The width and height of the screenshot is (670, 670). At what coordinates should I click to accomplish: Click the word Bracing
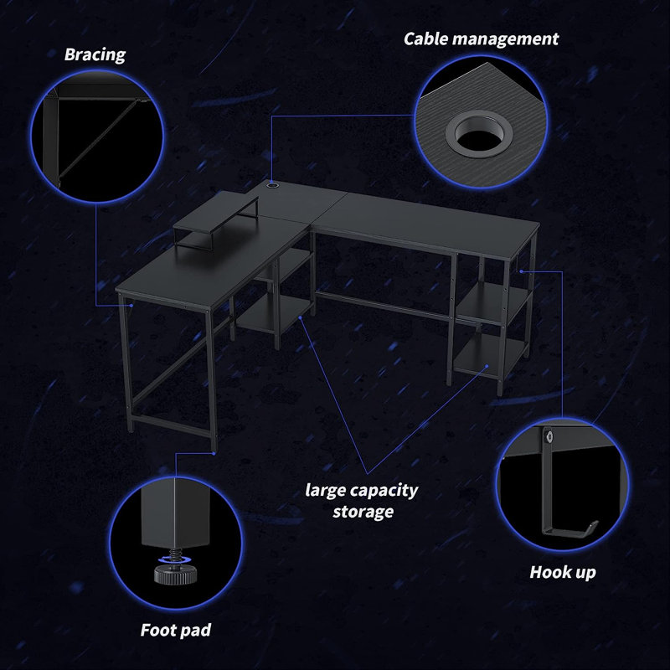[x=95, y=54]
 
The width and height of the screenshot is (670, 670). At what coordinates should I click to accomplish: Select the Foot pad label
[x=176, y=630]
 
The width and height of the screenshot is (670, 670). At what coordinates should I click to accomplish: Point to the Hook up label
[x=562, y=572]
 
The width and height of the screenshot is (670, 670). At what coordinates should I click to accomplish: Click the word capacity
[x=384, y=491]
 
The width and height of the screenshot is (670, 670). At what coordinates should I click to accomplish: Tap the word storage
[x=363, y=512]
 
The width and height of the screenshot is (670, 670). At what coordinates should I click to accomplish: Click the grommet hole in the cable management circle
[x=478, y=134]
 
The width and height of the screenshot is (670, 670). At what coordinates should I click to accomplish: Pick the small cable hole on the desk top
[x=272, y=186]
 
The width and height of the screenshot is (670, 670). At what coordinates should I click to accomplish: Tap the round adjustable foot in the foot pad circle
[x=176, y=574]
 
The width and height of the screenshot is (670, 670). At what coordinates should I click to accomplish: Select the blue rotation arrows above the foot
[x=176, y=559]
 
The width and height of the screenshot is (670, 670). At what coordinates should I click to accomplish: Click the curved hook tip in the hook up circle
[x=591, y=527]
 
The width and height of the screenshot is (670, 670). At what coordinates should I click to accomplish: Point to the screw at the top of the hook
[x=549, y=436]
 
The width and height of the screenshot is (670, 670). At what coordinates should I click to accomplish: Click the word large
[x=325, y=491]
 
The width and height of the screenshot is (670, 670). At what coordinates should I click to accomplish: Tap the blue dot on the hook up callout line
[x=521, y=271]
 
